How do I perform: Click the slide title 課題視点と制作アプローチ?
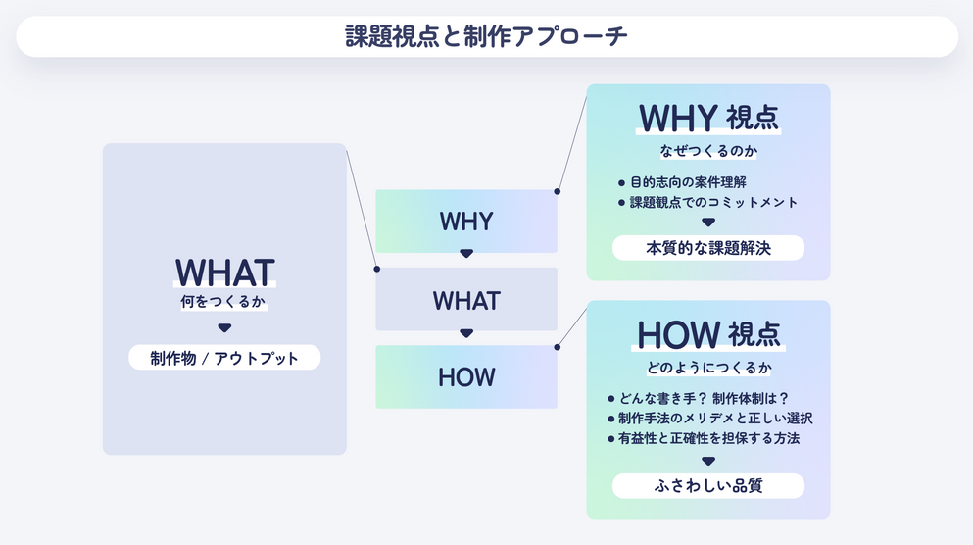click(x=486, y=36)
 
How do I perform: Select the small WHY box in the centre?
click(x=466, y=221)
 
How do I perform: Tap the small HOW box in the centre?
click(x=466, y=376)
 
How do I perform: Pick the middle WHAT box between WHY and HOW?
click(x=466, y=299)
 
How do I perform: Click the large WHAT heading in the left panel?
click(x=224, y=272)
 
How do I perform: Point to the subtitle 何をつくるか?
click(x=223, y=302)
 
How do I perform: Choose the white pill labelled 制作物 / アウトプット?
click(x=224, y=358)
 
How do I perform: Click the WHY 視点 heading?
click(x=708, y=118)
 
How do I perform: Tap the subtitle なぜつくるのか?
click(x=708, y=151)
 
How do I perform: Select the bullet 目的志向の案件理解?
click(x=682, y=182)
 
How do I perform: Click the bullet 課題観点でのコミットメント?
click(x=707, y=202)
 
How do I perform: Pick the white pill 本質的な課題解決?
click(x=708, y=248)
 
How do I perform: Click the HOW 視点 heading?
click(x=708, y=334)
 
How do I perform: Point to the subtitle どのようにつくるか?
click(x=708, y=368)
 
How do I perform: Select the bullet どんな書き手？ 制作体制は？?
click(x=698, y=399)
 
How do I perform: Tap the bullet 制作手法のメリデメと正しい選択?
click(x=709, y=419)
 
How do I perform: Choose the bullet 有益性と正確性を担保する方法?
click(x=704, y=438)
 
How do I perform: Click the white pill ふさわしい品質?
click(x=708, y=485)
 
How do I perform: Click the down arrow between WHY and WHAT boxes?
click(x=466, y=253)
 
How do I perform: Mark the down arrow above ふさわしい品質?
click(x=708, y=462)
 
